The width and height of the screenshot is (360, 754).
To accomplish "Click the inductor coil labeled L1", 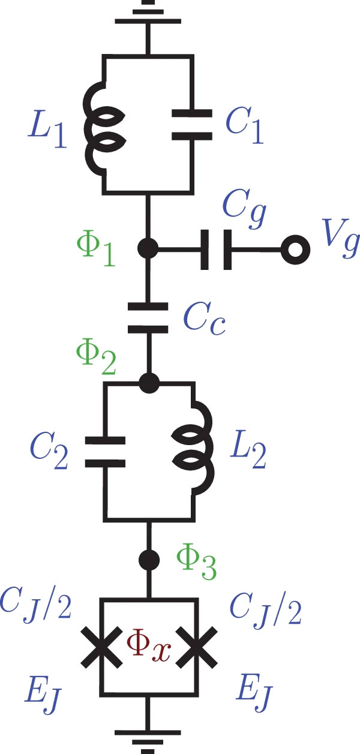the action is coord(104,128).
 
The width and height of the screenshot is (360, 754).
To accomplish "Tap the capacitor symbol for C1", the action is coord(192,125).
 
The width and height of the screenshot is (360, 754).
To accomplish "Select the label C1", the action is coord(244,125).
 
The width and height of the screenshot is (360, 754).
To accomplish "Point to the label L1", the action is coord(47,131).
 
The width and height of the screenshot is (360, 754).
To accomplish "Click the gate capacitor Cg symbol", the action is coord(216,250).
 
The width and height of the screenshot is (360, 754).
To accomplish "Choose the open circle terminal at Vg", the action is coord(295,250).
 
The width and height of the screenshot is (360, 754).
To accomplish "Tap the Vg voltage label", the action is coord(341,238).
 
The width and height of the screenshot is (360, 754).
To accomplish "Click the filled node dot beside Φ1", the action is coord(148,249).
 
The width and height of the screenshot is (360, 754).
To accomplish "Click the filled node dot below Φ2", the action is coord(149,383).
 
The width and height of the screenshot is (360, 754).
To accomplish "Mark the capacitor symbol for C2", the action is coord(105,452).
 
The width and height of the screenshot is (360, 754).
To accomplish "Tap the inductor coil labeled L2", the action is coord(193,448).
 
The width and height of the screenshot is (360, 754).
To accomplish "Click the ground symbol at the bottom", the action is coord(148,741).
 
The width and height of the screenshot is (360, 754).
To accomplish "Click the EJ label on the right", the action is coord(254,693).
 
